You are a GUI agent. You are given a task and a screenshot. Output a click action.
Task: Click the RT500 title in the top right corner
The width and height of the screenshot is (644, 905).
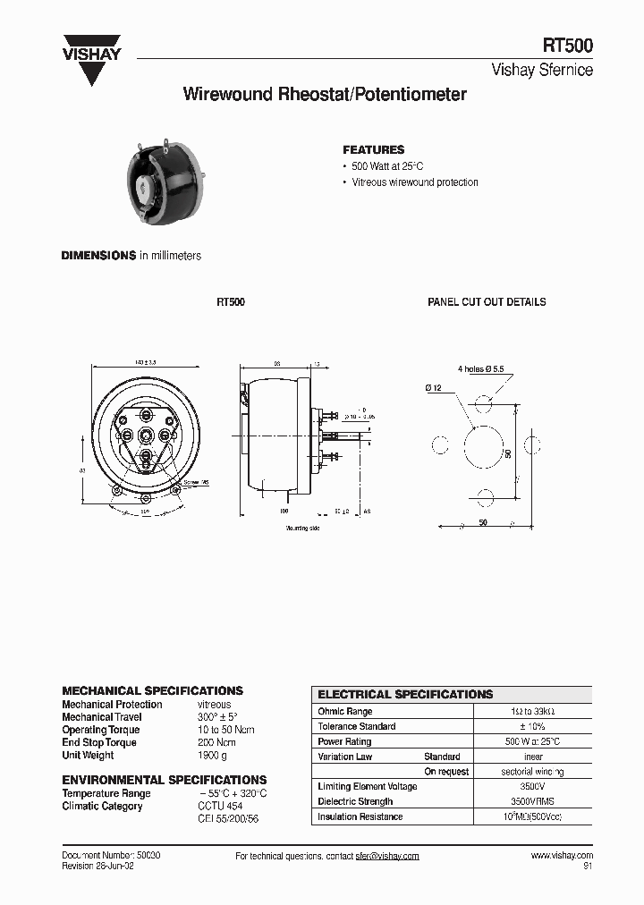pos(567,47)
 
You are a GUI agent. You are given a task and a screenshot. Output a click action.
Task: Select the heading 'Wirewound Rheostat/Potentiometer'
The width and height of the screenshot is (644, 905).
pos(325,94)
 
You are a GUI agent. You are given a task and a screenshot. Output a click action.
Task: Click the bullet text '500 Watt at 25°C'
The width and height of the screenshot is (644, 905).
pos(386,166)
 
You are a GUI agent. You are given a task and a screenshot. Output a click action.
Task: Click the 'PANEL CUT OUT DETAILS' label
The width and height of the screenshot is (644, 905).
pos(487,302)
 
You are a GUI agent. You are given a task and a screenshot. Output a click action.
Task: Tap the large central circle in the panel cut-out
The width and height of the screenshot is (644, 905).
pos(483,445)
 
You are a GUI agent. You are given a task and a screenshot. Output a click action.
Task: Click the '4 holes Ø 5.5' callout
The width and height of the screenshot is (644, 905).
pos(482,368)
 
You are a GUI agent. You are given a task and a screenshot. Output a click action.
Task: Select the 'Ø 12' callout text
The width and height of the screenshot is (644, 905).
pos(435,387)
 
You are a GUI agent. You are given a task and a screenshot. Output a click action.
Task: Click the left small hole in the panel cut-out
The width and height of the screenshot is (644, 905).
pos(439,445)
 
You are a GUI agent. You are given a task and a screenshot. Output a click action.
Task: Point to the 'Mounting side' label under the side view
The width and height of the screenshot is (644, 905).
pos(302,529)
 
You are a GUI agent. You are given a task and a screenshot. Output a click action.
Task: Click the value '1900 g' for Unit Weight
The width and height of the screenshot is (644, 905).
pos(211,756)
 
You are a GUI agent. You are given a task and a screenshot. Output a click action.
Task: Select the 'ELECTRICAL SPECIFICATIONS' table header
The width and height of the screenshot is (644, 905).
pos(405,694)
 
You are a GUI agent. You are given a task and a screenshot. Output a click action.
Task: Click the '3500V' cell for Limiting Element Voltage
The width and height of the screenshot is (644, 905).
pos(533,786)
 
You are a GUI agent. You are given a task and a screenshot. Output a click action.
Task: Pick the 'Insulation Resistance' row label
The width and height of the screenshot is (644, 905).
pos(360,816)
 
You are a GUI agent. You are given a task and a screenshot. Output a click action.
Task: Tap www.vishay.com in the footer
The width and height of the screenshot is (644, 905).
pos(562,856)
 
